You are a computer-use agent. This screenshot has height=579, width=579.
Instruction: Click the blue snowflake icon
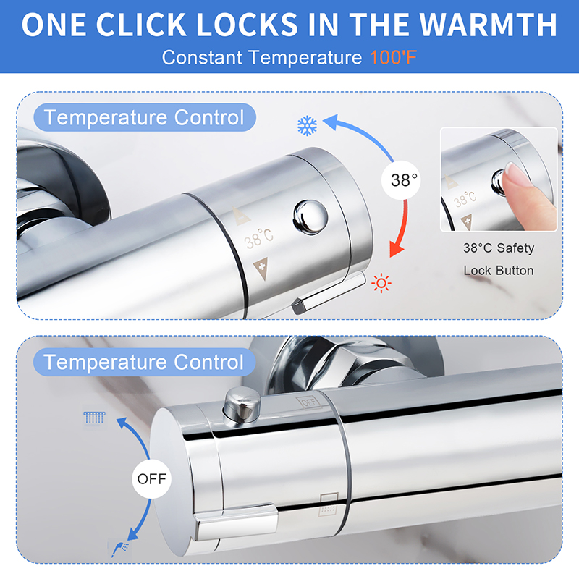pos(307,126)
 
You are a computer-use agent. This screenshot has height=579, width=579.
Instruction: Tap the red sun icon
pos(381,283)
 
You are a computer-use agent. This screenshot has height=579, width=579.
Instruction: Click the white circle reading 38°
pos(401,180)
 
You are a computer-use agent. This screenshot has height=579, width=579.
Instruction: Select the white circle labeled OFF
pos(152,479)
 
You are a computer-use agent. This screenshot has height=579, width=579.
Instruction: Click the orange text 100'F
pos(393,58)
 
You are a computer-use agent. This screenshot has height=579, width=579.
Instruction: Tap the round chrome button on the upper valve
pos(310,217)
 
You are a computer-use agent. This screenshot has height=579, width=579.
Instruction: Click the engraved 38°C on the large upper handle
pos(259,238)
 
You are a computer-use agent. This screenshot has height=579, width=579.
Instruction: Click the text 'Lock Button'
pos(499,271)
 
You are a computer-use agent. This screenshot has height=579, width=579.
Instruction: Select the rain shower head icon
pos(95,418)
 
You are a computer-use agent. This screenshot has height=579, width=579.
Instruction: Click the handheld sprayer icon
pos(120,549)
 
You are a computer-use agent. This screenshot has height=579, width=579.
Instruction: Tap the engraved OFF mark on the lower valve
pos(309,402)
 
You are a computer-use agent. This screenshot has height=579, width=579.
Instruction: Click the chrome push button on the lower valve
pos(242,407)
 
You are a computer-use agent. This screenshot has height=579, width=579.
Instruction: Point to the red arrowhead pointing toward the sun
pos(396,250)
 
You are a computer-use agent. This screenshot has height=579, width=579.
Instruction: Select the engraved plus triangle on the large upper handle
pos(261,269)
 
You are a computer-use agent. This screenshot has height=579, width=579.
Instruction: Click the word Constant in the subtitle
pos(202,58)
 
